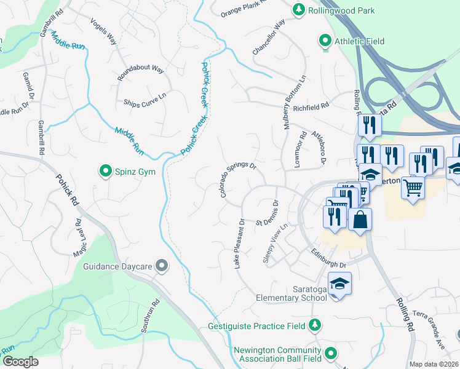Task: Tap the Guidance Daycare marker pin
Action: [162, 265]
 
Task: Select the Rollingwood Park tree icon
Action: [298, 9]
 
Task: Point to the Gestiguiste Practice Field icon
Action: [315, 324]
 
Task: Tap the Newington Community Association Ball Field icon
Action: [331, 353]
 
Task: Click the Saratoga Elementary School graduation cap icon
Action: [338, 284]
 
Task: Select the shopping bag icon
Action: [360, 218]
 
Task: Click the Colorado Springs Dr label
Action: [238, 180]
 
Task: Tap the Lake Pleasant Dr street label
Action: [239, 244]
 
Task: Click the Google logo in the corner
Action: [20, 361]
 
